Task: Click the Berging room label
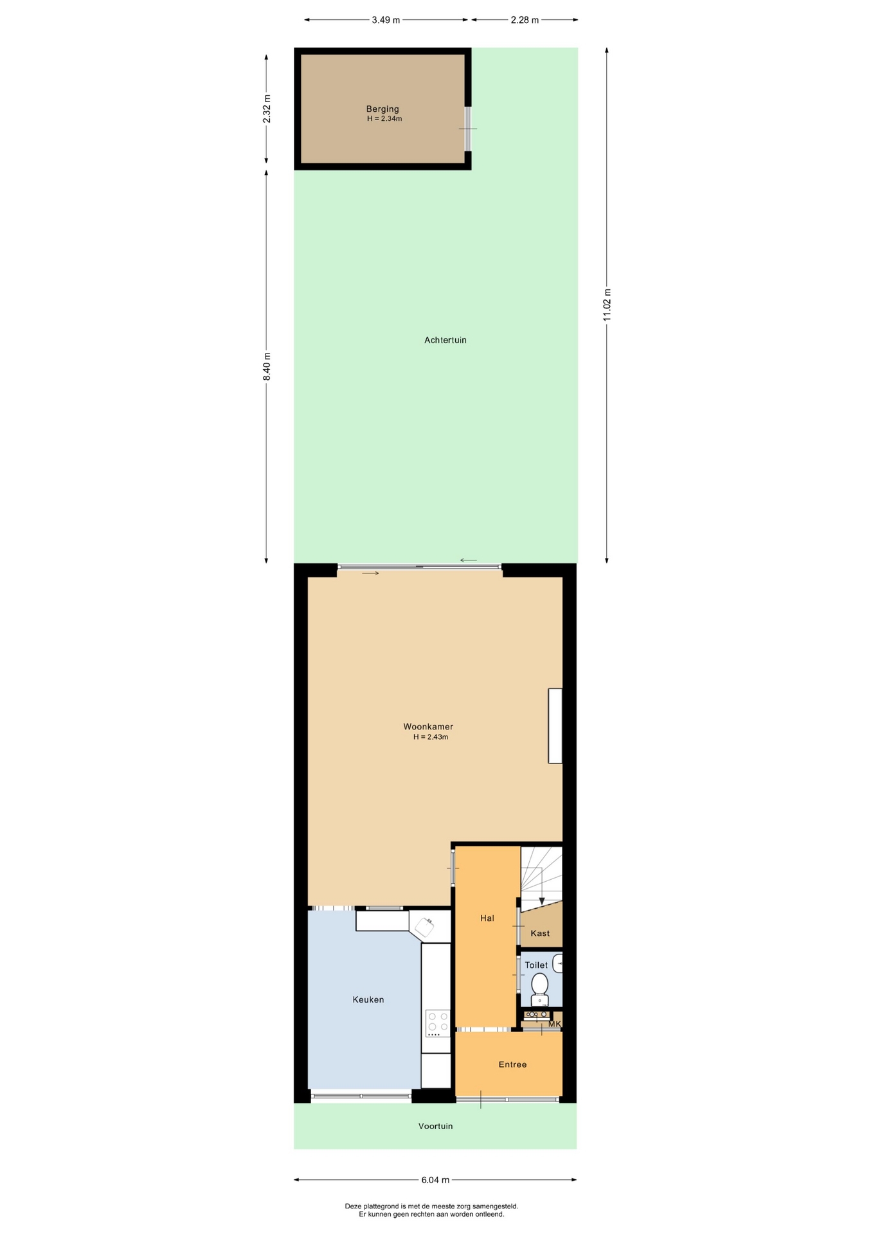(x=382, y=109)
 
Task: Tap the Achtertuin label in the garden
(x=446, y=340)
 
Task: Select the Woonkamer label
(x=428, y=727)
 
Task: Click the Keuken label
(x=368, y=999)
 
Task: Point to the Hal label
(x=487, y=918)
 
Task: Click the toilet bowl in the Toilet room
(x=540, y=988)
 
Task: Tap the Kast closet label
(x=540, y=933)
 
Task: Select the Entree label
(x=512, y=1064)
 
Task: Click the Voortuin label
(x=436, y=1126)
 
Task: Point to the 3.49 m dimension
(x=386, y=20)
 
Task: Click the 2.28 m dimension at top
(x=525, y=20)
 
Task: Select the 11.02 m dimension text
(x=607, y=305)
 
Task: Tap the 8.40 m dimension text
(x=267, y=366)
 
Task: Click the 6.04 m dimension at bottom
(x=435, y=1180)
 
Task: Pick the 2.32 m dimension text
(x=267, y=109)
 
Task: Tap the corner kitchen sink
(x=424, y=927)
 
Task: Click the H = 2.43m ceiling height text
(x=431, y=737)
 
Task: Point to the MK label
(x=555, y=1024)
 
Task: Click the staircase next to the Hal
(x=541, y=877)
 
